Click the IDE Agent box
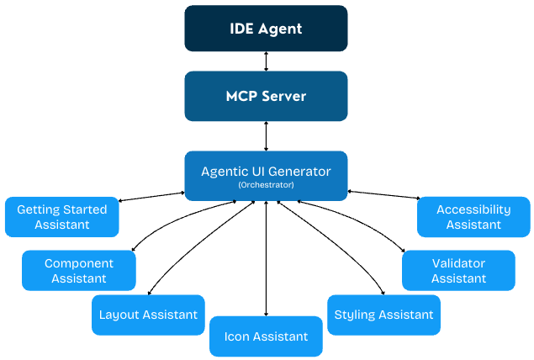(x=266, y=29)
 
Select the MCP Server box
(x=266, y=96)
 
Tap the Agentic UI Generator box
(x=266, y=176)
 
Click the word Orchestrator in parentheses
(x=266, y=184)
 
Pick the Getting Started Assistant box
(x=62, y=217)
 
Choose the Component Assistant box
(x=79, y=270)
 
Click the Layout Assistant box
(x=148, y=315)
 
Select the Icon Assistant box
(x=266, y=336)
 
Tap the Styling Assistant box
(x=383, y=315)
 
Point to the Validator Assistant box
(x=458, y=270)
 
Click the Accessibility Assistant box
(x=473, y=217)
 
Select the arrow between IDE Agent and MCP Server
(x=267, y=61)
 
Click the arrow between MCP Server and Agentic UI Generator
(x=267, y=135)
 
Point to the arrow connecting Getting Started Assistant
(x=151, y=197)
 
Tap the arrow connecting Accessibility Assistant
(x=383, y=196)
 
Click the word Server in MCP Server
(x=284, y=96)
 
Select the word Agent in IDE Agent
(x=282, y=29)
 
